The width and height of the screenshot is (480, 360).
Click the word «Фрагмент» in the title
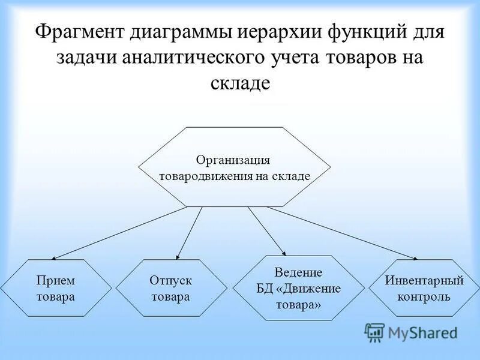pos(78,31)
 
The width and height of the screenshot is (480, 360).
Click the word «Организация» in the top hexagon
pos(233,160)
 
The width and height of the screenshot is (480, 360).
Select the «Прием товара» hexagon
pos(55,288)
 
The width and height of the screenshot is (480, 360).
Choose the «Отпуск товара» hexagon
pos(171,288)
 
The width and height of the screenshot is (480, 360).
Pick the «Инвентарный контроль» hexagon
pos(424,288)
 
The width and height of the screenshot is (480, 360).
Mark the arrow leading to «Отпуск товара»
pos(190,233)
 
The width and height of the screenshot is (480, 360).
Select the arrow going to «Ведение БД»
pos(266,231)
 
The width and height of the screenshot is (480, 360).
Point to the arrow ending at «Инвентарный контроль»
pos(342,233)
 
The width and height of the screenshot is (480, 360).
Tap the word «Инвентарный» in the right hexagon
pos(424,280)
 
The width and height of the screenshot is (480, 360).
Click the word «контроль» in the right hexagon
pos(424,296)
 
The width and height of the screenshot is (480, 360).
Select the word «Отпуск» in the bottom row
pos(171,280)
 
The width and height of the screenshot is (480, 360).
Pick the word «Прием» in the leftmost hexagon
pos(55,280)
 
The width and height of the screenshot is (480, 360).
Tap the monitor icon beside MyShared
pos(374,332)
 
